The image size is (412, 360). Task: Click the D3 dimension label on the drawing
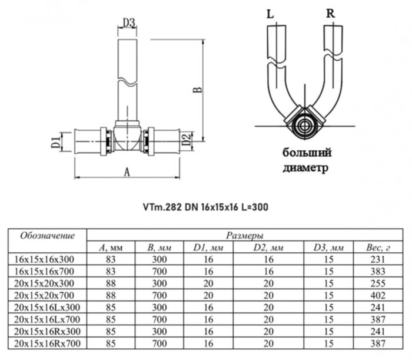[129, 23]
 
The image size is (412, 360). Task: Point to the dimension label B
[198, 90]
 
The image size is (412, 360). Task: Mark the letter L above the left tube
[270, 13]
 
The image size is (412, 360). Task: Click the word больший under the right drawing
[306, 153]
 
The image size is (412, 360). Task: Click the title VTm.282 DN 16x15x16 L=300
[205, 207]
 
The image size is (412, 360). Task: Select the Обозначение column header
[48, 236]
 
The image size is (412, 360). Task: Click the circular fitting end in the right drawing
[305, 125]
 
